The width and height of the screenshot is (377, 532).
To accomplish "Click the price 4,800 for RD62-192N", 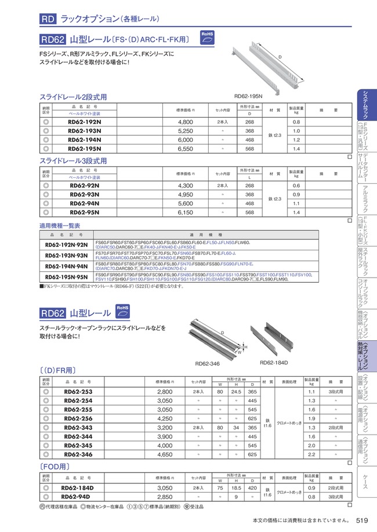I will point(185,122).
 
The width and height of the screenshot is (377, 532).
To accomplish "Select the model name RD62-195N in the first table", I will point(85,149).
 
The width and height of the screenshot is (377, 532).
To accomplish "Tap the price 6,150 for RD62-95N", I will point(185,213).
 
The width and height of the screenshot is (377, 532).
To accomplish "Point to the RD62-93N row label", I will point(85,195).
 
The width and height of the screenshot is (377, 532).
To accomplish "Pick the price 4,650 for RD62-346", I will point(165,455).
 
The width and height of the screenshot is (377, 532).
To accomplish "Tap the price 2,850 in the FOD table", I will point(165,497).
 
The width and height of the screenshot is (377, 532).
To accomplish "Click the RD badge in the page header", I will point(48,19).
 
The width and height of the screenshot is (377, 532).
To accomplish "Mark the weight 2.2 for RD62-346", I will point(312,455).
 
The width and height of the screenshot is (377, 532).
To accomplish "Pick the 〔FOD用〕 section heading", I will point(56,466).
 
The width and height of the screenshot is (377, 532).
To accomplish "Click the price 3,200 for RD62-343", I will point(165,427).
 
